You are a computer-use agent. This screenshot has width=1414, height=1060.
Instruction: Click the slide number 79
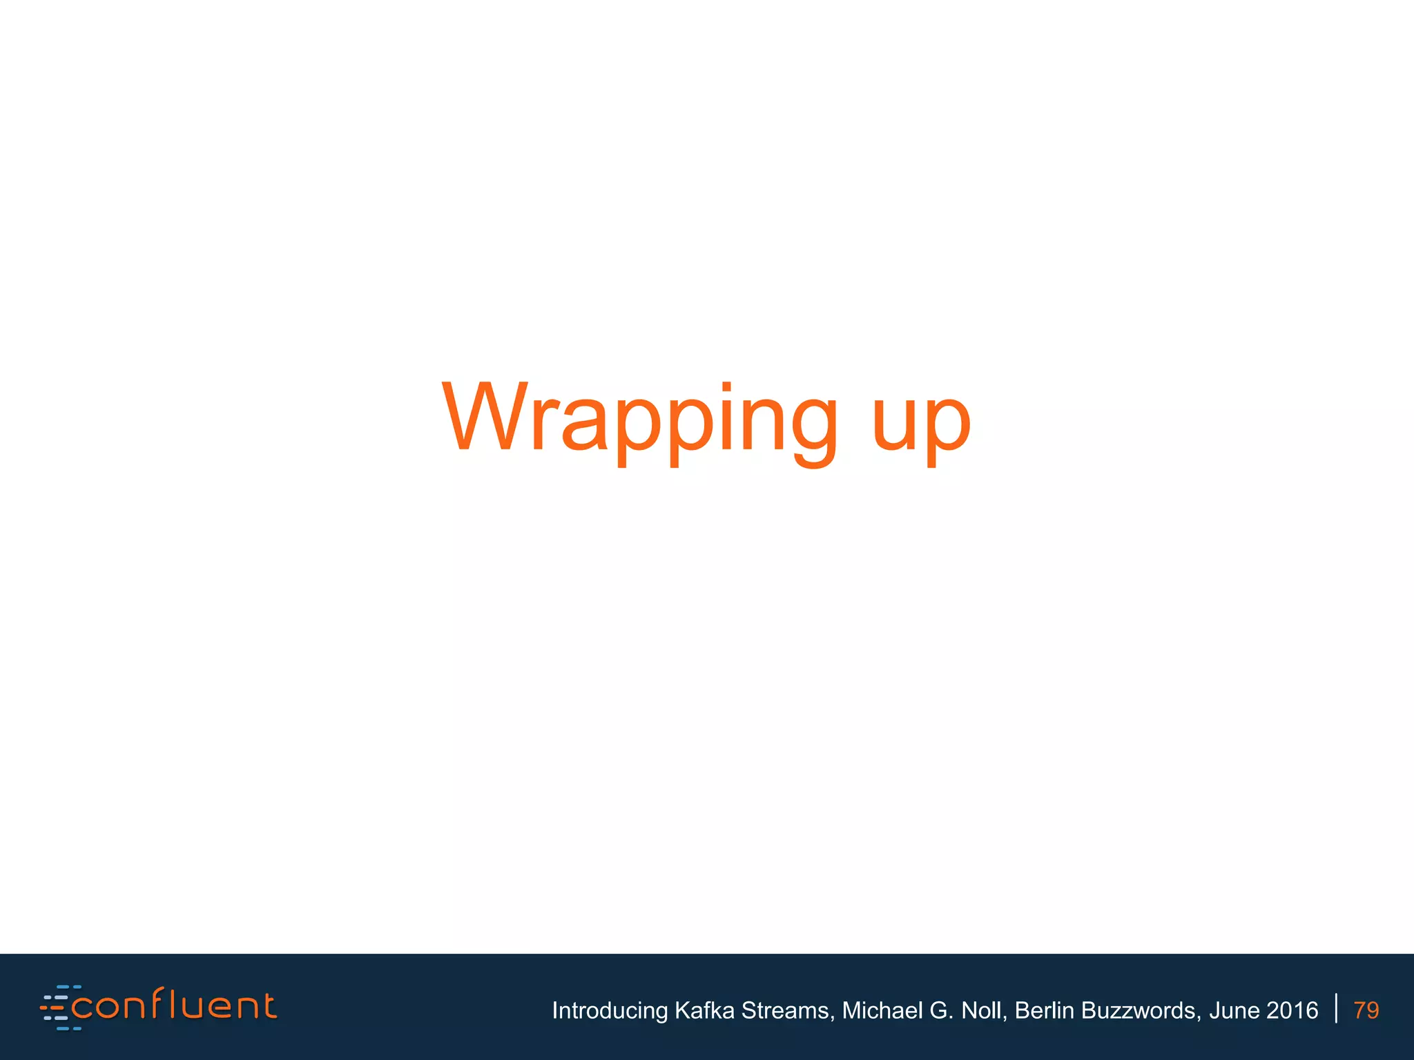[x=1366, y=1010]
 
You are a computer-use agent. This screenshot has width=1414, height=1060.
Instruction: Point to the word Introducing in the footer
[x=610, y=1010]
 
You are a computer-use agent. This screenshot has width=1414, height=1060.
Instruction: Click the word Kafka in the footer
[x=704, y=1010]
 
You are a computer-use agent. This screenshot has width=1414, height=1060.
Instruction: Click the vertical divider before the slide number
[x=1337, y=1008]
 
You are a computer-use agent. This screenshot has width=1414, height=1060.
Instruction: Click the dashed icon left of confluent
[x=56, y=1008]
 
